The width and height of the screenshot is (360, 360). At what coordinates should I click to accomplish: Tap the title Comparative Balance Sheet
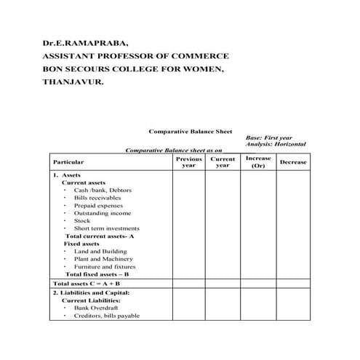coord(191,132)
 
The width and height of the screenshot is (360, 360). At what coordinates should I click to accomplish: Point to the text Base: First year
coord(269,137)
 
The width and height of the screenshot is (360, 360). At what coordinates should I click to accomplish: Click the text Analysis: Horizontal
coord(276,144)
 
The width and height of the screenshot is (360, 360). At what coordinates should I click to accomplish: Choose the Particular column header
coord(68,162)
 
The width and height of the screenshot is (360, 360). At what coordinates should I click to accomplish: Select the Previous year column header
coord(188,161)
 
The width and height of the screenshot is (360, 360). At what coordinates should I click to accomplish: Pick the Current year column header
coord(223,161)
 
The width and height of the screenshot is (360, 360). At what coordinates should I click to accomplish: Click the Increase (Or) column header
coord(258,161)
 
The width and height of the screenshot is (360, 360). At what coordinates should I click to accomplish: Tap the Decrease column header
coord(293,162)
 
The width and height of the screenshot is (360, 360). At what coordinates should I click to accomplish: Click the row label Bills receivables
coord(97,198)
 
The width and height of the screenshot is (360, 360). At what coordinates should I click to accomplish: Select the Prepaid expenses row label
coord(99,206)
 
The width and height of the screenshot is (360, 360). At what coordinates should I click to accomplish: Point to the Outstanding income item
coord(103,213)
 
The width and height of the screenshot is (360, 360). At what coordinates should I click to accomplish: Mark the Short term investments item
coord(108,228)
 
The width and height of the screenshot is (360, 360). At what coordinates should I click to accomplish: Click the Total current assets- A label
coord(100,236)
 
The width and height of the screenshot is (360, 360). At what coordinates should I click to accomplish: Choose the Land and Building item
coord(100,251)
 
